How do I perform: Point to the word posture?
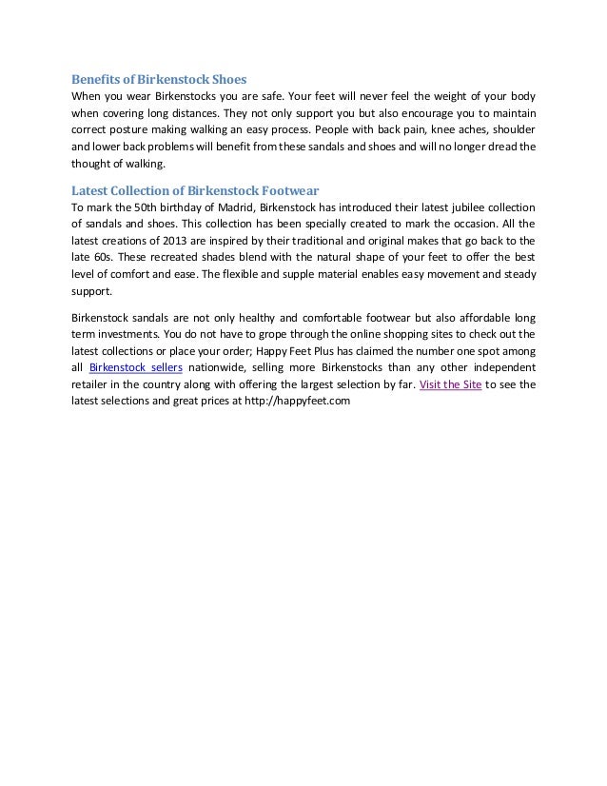[x=133, y=130]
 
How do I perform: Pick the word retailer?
[x=92, y=384]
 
